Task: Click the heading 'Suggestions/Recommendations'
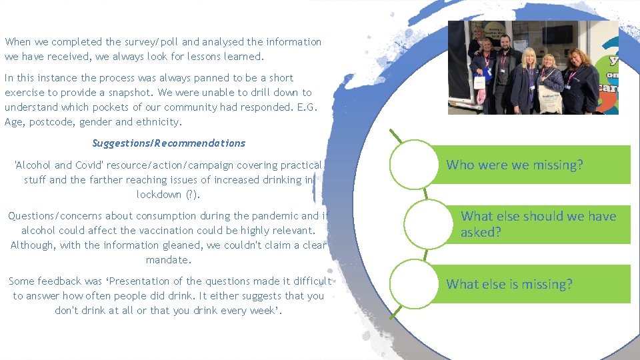click(169, 143)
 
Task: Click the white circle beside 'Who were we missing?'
click(413, 165)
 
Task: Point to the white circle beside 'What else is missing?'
click(413, 284)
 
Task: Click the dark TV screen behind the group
click(555, 35)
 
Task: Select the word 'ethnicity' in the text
click(159, 122)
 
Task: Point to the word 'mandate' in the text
click(169, 260)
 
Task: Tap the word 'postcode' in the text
click(54, 122)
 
